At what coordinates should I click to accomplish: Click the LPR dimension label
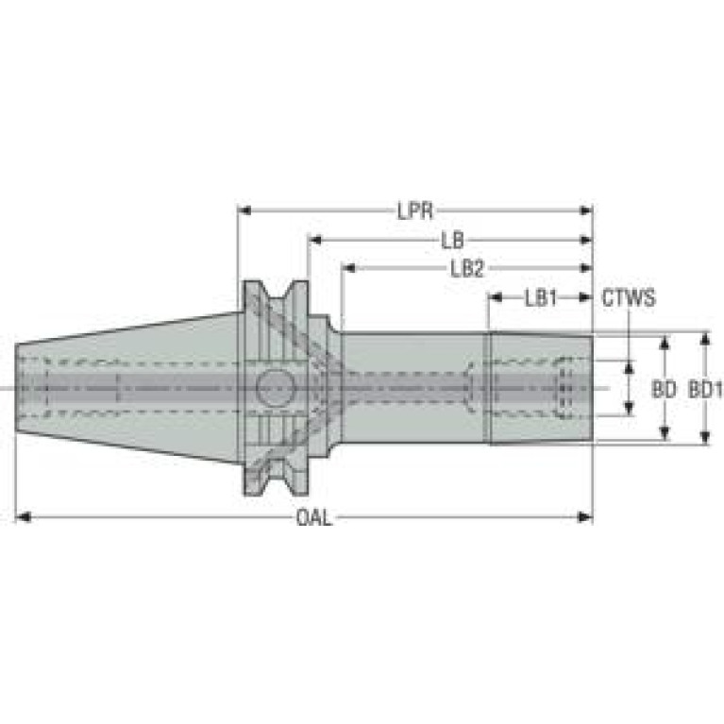tap(415, 211)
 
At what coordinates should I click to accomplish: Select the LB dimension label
tap(452, 240)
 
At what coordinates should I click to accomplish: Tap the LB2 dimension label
tap(467, 268)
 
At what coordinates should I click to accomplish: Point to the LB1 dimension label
tap(541, 298)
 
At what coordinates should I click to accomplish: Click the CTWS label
tap(629, 298)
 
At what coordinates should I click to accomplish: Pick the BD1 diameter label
tap(705, 389)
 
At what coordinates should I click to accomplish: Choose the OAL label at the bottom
tap(314, 517)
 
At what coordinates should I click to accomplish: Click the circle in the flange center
tap(276, 388)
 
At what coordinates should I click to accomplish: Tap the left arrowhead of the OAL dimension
tap(23, 516)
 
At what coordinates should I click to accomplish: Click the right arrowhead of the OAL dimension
tap(585, 516)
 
